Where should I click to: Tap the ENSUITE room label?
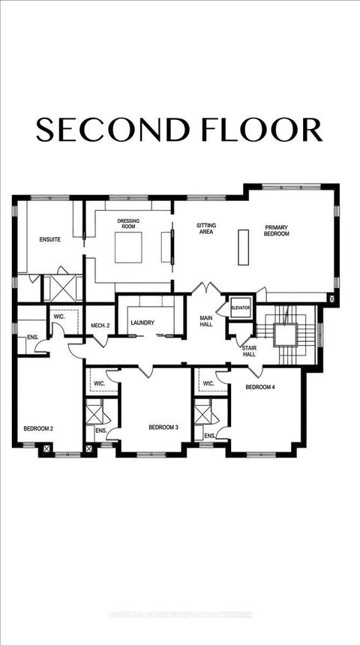pos(49,240)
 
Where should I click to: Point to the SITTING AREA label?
pos(206,228)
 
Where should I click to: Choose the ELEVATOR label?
pos(240,307)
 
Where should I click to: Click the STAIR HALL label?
pos(249,351)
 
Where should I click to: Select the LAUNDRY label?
pos(142,323)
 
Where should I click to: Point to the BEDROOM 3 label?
pos(163,427)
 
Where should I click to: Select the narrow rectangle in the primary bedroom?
pos(242,244)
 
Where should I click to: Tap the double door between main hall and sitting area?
pos(205,289)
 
